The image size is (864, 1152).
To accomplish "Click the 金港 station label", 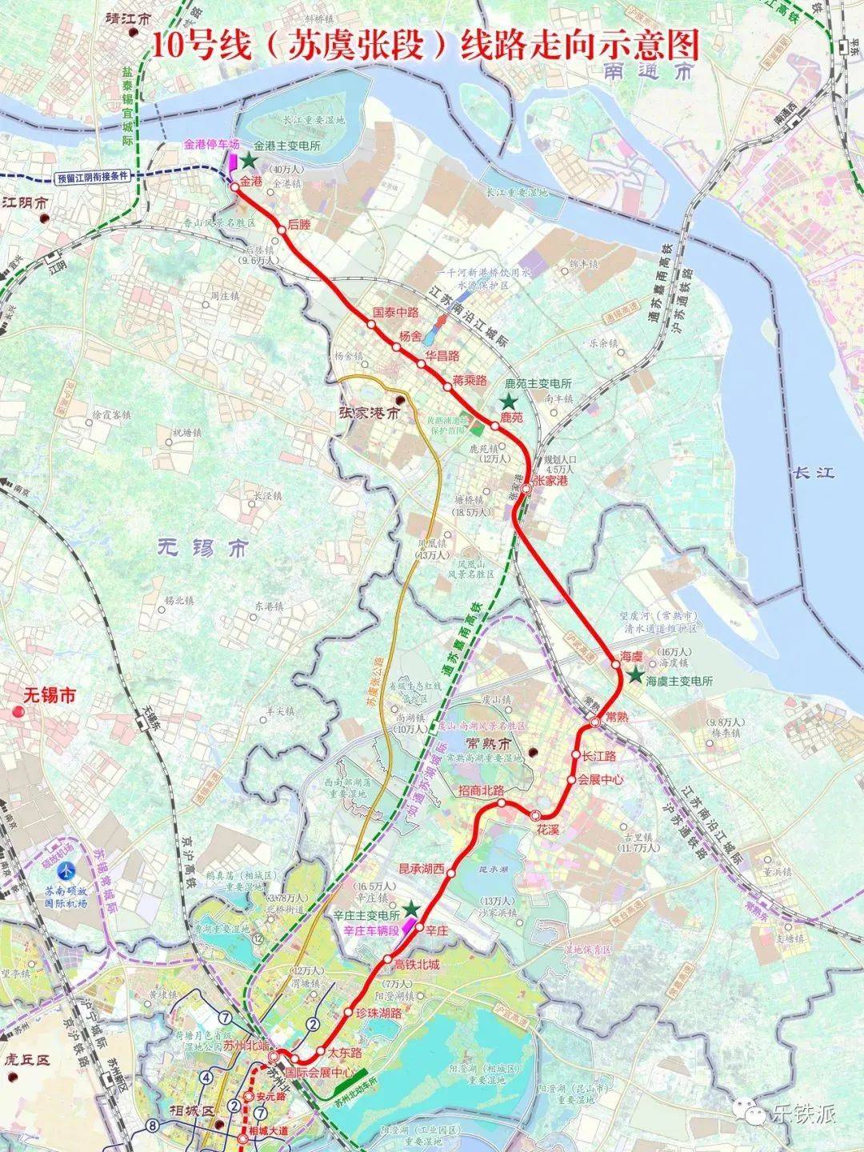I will [x=251, y=182].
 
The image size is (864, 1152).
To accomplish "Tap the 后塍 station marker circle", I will [x=282, y=230].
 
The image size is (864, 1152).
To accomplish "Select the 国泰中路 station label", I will [x=397, y=313].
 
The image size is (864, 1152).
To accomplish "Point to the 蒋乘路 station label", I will [x=470, y=380].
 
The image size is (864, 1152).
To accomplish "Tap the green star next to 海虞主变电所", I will [x=634, y=676].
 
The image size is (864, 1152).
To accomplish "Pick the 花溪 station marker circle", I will [x=535, y=815].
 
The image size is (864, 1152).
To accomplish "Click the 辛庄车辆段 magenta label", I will [x=371, y=931].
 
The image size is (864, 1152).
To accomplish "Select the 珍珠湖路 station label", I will [x=378, y=1012].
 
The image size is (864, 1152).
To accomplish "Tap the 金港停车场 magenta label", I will [x=212, y=145].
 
